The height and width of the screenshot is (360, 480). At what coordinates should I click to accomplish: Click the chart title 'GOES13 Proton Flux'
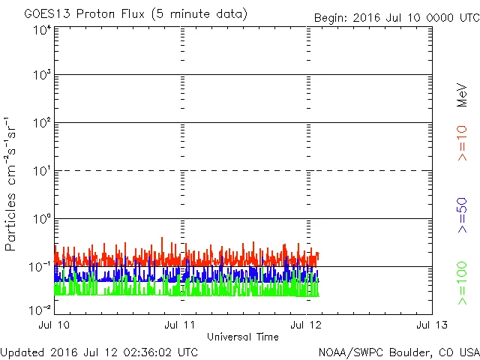135,14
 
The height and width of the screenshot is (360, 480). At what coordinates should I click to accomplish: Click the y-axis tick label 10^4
42,30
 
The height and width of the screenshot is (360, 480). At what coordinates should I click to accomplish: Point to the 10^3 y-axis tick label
42,75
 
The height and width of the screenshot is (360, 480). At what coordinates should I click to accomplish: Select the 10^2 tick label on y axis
42,122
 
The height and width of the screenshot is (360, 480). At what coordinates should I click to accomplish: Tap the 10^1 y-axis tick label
42,170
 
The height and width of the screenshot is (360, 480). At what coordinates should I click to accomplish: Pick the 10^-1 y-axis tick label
40,266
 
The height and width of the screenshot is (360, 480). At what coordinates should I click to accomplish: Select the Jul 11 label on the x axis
181,325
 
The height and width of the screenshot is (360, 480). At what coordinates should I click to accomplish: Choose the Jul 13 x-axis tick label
432,325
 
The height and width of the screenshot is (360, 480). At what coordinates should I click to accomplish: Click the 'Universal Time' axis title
243,337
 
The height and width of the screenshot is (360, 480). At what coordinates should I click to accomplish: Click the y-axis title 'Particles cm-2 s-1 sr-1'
12,184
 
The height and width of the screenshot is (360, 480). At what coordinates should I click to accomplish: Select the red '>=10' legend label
463,143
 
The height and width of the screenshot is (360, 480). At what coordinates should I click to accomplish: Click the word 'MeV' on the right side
463,94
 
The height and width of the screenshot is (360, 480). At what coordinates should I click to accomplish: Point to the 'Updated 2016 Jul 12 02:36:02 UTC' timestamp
100,352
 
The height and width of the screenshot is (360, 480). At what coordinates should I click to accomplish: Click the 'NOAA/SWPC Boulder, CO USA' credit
398,352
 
